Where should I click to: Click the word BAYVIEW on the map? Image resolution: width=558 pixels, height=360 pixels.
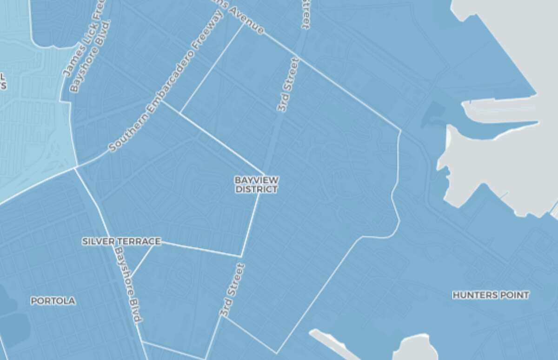pos(256,180)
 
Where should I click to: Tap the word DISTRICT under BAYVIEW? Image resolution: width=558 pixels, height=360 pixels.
pos(256,189)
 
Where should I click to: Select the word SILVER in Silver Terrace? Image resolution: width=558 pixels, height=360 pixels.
pos(96,241)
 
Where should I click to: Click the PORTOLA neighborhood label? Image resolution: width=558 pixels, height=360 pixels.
pos(53,301)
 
